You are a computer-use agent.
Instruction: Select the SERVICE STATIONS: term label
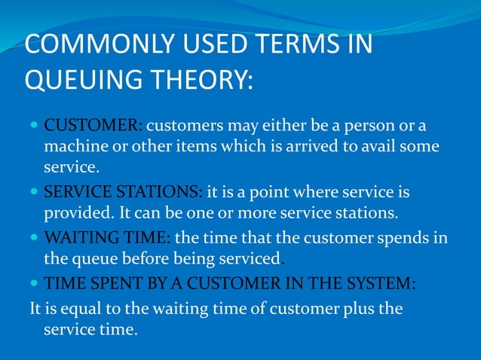click(123, 193)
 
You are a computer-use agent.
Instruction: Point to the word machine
click(73, 147)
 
